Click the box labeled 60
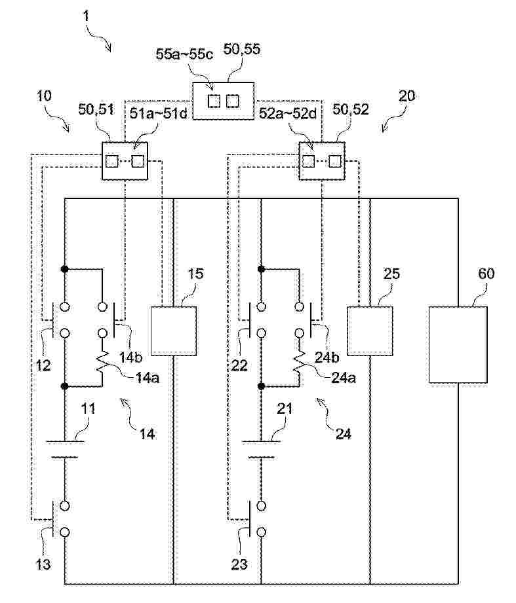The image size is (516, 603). (457, 344)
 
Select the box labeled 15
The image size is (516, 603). (173, 331)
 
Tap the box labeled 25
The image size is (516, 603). (370, 331)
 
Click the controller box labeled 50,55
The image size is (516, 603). (222, 101)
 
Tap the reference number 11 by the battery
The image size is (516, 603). (89, 409)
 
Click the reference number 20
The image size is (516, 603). (407, 95)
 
